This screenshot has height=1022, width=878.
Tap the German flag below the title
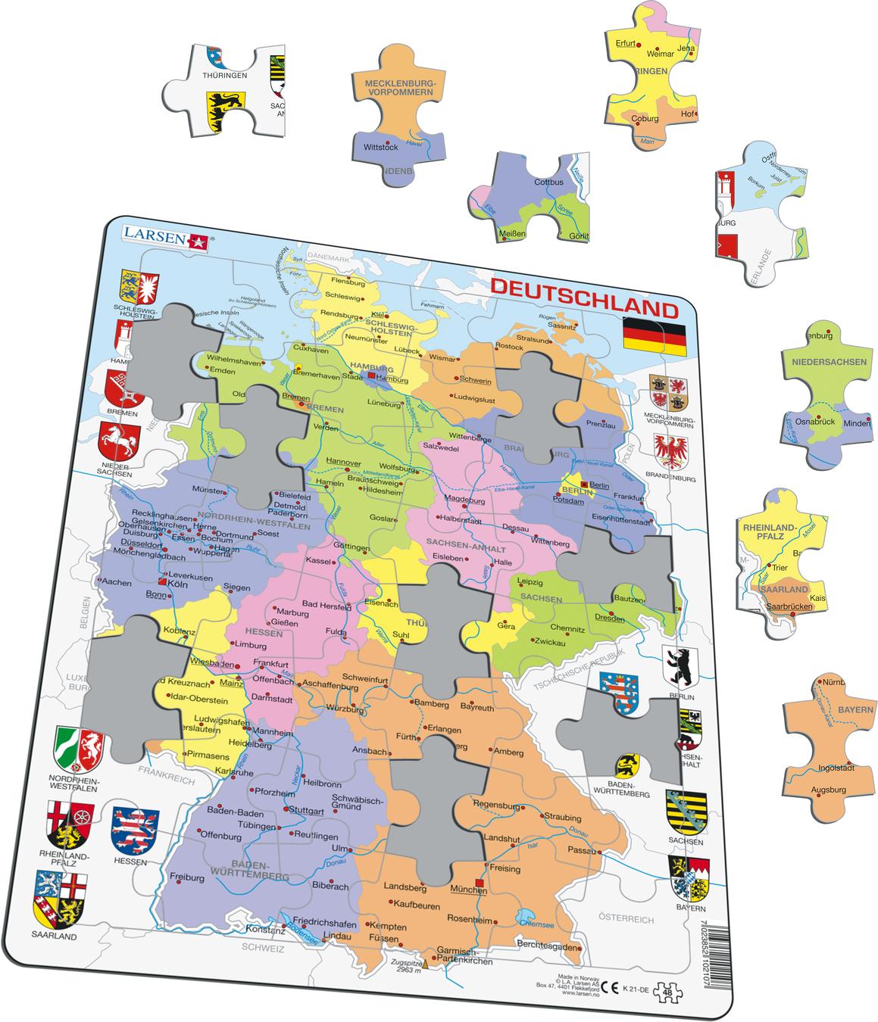tap(654, 338)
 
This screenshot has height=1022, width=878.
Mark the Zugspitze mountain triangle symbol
tap(424, 964)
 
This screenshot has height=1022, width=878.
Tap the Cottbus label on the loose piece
tap(548, 182)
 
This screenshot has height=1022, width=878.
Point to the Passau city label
tap(583, 851)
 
